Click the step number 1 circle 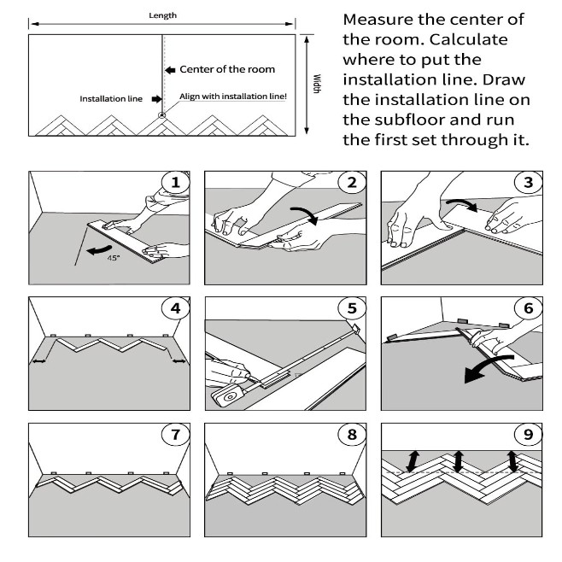click(x=176, y=182)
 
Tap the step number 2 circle click(x=351, y=182)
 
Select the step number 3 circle click(x=526, y=182)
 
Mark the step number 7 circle click(x=176, y=434)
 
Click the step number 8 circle click(x=351, y=434)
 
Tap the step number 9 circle click(x=526, y=434)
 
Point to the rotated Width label click(x=316, y=84)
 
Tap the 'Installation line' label click(x=111, y=99)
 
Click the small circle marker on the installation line click(x=163, y=114)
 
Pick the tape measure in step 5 click(x=228, y=395)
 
